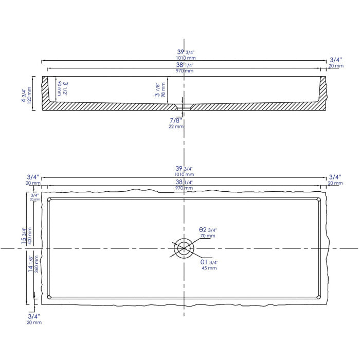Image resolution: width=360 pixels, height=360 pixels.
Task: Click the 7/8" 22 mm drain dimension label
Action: pos(176,123)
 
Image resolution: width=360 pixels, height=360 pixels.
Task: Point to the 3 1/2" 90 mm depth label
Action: pos(62,88)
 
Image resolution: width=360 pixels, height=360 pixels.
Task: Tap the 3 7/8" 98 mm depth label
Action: pos(160,88)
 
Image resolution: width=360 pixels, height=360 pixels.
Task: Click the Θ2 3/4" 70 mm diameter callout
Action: pos(208,232)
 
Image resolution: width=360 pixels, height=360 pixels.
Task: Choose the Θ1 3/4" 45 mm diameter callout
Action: pos(209,265)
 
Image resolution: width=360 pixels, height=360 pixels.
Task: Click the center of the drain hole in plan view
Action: pos(184,249)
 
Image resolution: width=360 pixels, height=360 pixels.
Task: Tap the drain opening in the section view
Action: pos(184,106)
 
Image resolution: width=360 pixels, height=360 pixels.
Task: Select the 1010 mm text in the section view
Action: pos(185,58)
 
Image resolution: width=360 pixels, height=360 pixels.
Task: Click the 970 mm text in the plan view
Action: pos(185,188)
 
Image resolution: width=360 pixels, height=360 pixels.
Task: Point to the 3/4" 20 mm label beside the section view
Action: pos(336,63)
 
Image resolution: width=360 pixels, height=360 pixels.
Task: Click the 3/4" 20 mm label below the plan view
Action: pos(34,319)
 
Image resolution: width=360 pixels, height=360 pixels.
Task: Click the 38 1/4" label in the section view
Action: pos(185,65)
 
